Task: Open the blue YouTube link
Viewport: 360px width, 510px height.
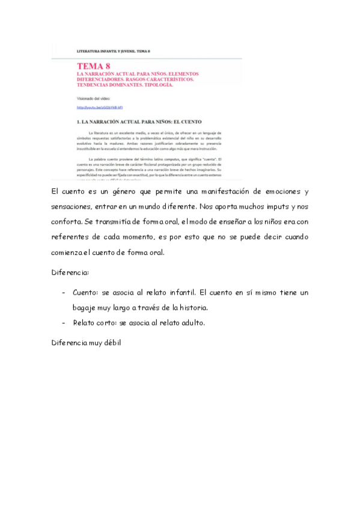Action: coord(100,107)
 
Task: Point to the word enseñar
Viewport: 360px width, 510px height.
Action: coord(240,222)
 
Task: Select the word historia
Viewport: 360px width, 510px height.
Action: coord(192,307)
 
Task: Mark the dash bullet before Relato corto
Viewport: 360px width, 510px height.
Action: coord(64,322)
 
